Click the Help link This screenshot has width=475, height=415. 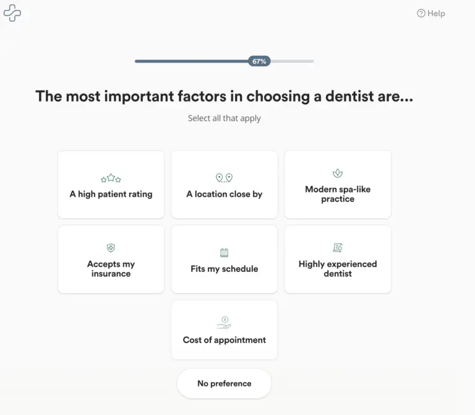point(430,14)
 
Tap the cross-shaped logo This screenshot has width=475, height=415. point(12,13)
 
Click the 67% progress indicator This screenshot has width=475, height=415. point(259,61)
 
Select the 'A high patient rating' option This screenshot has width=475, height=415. point(111,185)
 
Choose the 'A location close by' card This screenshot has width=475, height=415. point(224,185)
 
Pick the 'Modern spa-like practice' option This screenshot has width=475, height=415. point(338,185)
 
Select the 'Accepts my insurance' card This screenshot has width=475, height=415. point(111,260)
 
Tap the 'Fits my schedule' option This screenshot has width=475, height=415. point(224,260)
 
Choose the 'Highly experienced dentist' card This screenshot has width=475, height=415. point(338,260)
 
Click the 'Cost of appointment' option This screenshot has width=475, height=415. point(224,330)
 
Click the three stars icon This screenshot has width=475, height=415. point(111,178)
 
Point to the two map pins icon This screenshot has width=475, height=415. point(224,178)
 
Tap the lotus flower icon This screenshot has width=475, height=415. point(338,173)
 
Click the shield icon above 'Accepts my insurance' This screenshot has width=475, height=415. point(111,248)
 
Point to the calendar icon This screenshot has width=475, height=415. point(224,252)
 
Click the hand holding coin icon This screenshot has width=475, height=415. point(224,323)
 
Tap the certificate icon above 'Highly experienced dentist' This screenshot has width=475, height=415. point(338,248)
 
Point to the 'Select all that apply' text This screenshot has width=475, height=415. point(224,118)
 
